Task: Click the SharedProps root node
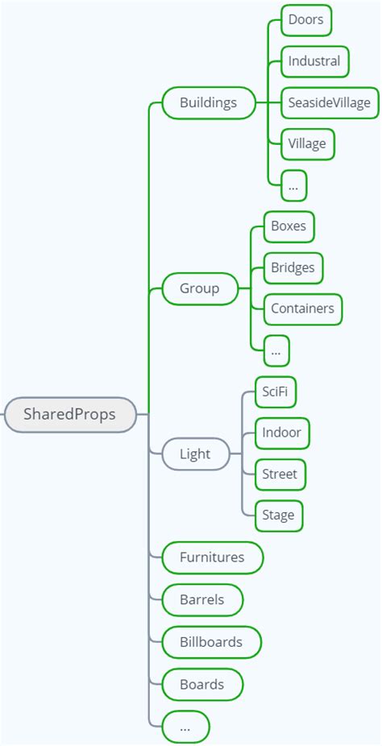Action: [70, 415]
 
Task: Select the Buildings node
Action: [208, 102]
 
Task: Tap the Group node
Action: [200, 288]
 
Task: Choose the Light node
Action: [195, 454]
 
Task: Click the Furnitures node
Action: [212, 557]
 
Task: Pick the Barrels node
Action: [201, 599]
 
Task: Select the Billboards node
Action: [211, 642]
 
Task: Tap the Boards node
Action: [201, 684]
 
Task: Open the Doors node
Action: [306, 19]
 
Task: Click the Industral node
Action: [314, 61]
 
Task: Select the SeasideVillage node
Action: [330, 102]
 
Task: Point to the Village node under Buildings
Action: [307, 144]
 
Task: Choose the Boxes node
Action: [289, 226]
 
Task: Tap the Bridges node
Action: [293, 267]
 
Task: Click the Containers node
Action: [302, 309]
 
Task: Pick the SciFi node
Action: [273, 392]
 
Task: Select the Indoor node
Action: [281, 433]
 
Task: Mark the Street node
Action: [280, 474]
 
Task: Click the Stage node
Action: [278, 516]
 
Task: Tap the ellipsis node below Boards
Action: [185, 726]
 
